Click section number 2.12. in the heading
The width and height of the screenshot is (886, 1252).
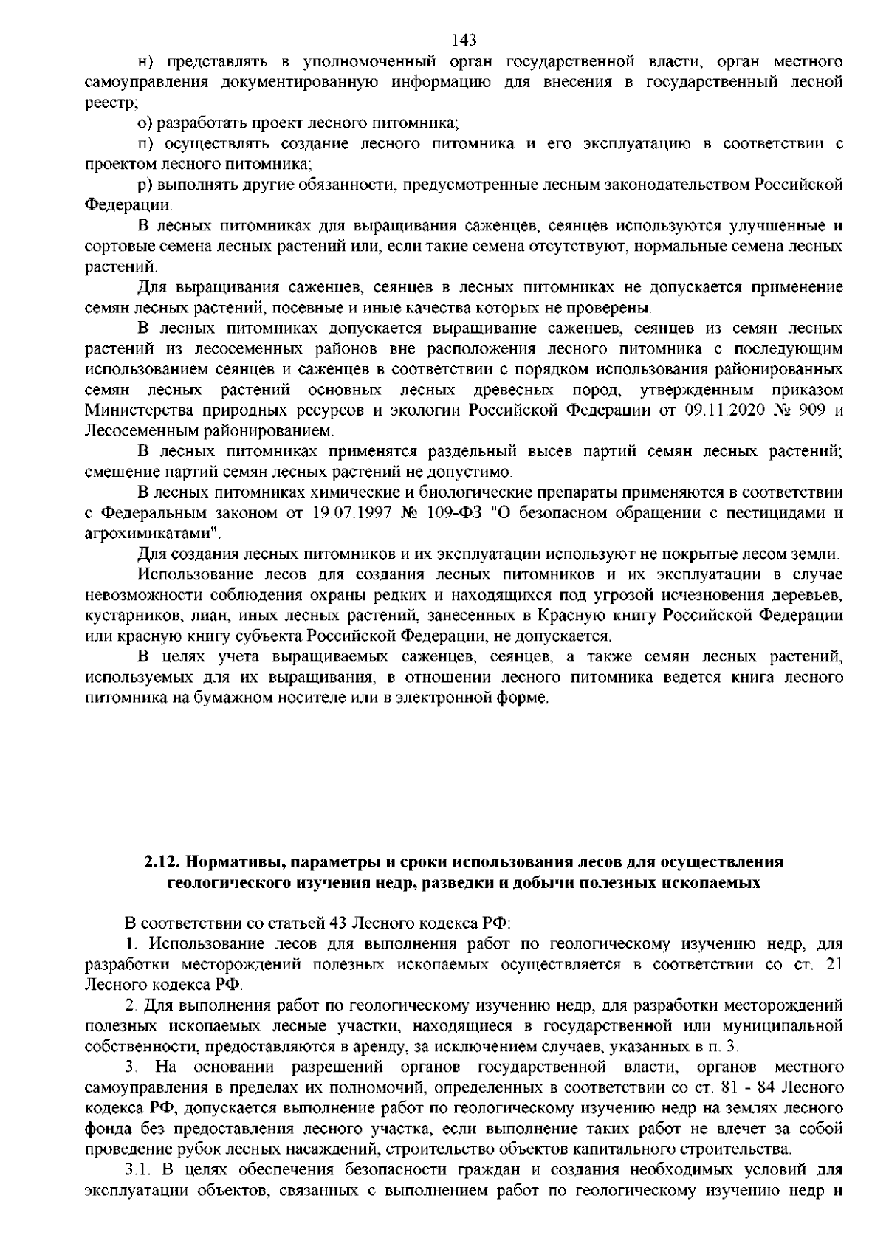coord(160,861)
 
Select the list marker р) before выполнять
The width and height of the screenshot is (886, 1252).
coord(145,182)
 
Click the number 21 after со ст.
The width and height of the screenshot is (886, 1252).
coord(832,963)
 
